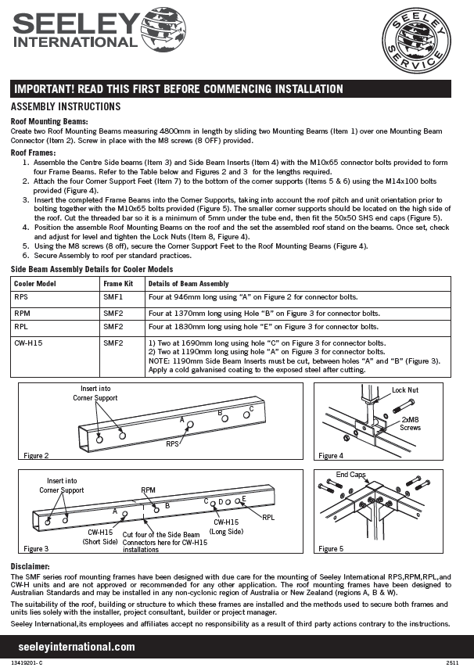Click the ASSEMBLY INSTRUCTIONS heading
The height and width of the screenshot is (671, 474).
tap(66, 106)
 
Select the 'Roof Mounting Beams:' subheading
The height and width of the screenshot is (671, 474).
tap(48, 122)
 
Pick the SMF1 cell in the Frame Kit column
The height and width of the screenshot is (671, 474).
tap(113, 298)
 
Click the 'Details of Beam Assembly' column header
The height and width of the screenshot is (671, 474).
tap(189, 283)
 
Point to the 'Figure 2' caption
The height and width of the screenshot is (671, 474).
tap(36, 455)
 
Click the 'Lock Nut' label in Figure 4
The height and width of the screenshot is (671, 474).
tap(405, 389)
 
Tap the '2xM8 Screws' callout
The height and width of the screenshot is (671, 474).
tap(411, 423)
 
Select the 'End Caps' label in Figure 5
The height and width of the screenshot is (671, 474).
tap(350, 475)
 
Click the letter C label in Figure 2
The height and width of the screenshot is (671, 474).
tap(251, 409)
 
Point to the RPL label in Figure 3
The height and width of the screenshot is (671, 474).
tap(268, 517)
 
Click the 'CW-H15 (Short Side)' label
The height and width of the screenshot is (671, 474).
tap(100, 536)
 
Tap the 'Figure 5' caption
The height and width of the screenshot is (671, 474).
tap(331, 549)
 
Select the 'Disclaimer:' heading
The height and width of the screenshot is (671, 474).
tap(31, 565)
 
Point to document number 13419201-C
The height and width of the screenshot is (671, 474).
tap(27, 662)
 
